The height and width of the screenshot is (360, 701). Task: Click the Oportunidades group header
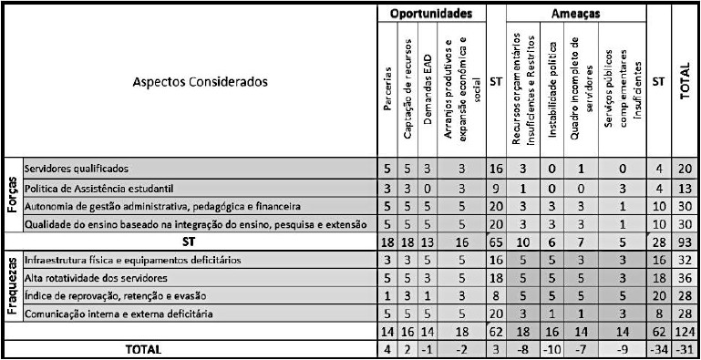(430, 14)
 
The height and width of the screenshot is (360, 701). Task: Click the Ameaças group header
(574, 14)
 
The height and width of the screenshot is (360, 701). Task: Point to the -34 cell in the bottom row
(658, 349)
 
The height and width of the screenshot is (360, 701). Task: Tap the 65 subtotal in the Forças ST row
(496, 242)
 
